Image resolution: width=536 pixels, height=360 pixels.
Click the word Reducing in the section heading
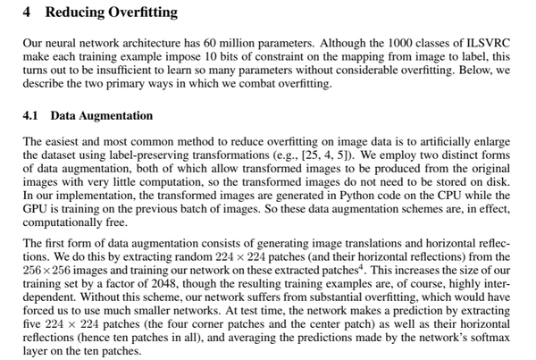click(x=73, y=13)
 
